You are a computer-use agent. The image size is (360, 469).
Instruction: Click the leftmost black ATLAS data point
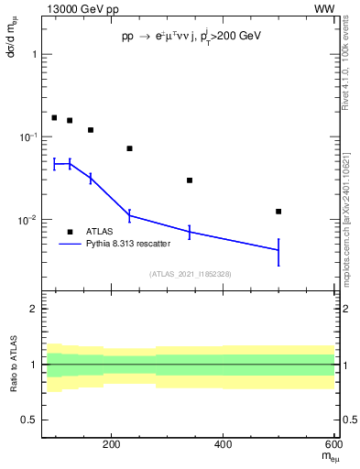click(54, 118)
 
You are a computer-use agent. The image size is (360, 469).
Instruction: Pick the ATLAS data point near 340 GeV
click(190, 180)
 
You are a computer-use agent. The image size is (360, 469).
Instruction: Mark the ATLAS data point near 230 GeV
click(129, 148)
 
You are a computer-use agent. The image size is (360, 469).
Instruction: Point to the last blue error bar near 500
click(278, 251)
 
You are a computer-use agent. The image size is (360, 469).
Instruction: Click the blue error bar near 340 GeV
click(190, 233)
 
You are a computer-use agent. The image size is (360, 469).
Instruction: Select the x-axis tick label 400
click(224, 446)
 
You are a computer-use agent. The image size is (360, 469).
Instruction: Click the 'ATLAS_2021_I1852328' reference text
click(191, 274)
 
